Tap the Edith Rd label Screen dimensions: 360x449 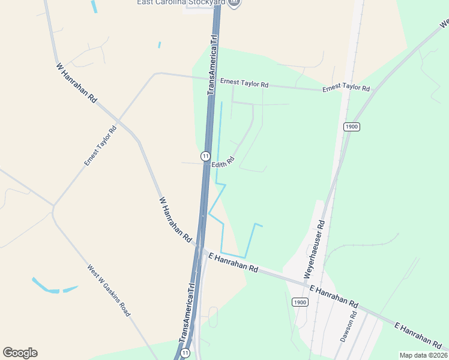click(x=222, y=163)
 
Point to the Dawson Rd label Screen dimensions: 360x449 click(x=349, y=326)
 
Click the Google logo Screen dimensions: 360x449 click(x=20, y=353)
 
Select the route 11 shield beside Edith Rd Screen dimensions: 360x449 click(x=205, y=156)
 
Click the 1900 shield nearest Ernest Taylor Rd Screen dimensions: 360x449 click(x=352, y=127)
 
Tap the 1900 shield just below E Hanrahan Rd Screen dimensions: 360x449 click(x=300, y=302)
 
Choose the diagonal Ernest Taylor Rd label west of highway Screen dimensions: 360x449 click(x=100, y=146)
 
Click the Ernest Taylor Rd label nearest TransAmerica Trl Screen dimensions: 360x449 click(x=244, y=83)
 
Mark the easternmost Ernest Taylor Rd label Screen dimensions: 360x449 click(x=346, y=88)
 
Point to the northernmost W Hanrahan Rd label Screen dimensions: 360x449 click(x=76, y=82)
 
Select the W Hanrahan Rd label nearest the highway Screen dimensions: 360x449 click(x=175, y=217)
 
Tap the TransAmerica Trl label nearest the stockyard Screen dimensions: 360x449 click(x=212, y=64)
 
